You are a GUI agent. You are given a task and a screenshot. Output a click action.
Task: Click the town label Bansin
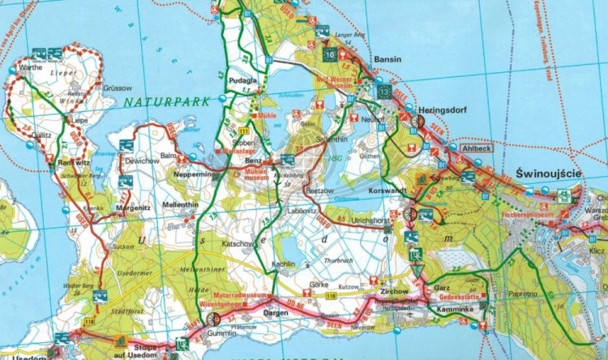pyautogui.click(x=388, y=60)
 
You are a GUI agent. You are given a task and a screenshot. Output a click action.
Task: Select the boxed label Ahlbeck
pyautogui.click(x=476, y=149)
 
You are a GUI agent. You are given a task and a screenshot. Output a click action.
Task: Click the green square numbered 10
pyautogui.click(x=329, y=54)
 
